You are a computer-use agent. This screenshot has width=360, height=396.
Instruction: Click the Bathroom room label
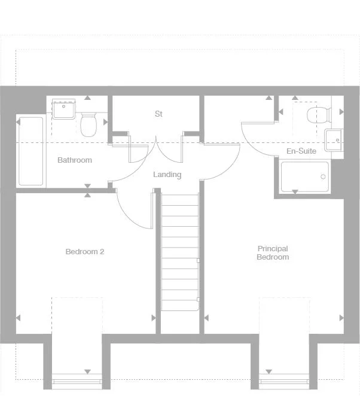(75, 160)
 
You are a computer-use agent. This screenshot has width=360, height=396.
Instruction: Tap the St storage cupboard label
(158, 114)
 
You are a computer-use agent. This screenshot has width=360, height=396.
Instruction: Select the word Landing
(167, 175)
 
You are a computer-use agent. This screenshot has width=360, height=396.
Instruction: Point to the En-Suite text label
(301, 151)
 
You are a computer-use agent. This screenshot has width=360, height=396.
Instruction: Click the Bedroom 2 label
(85, 252)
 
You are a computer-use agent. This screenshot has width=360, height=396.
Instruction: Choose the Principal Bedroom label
(273, 253)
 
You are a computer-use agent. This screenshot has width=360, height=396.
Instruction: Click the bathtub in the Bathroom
(31, 151)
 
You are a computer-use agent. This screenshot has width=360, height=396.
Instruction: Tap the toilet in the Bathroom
(89, 124)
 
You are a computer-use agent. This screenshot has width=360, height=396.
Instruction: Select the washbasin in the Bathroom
(62, 110)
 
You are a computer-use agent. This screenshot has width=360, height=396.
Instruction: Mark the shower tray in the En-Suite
(305, 176)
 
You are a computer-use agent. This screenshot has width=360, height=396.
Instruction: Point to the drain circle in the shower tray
(323, 177)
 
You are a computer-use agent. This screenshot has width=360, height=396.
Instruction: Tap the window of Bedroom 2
(77, 381)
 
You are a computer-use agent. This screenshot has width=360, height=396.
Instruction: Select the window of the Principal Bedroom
(283, 381)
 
